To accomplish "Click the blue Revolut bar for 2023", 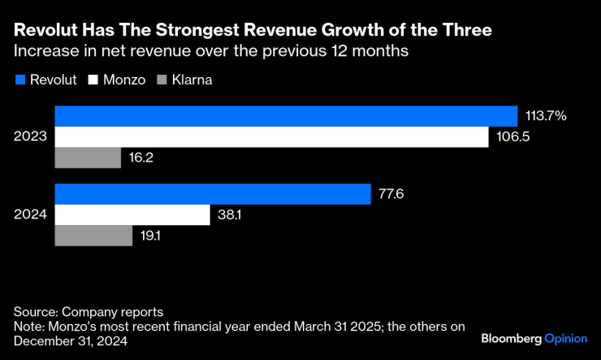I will point(286,116).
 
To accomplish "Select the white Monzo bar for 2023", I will point(271,137).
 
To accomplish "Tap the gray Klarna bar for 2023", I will point(88,157).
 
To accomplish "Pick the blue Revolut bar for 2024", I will point(213,194).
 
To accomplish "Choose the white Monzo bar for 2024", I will point(132,215).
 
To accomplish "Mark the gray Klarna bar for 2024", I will point(93,235).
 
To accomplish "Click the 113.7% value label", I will point(546,116).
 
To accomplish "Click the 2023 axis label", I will point(30,137).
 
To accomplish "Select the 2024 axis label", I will point(30,215).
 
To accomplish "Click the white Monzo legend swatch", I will point(94,80).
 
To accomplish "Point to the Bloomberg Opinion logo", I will point(534,337).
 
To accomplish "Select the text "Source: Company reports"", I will point(89,311).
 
